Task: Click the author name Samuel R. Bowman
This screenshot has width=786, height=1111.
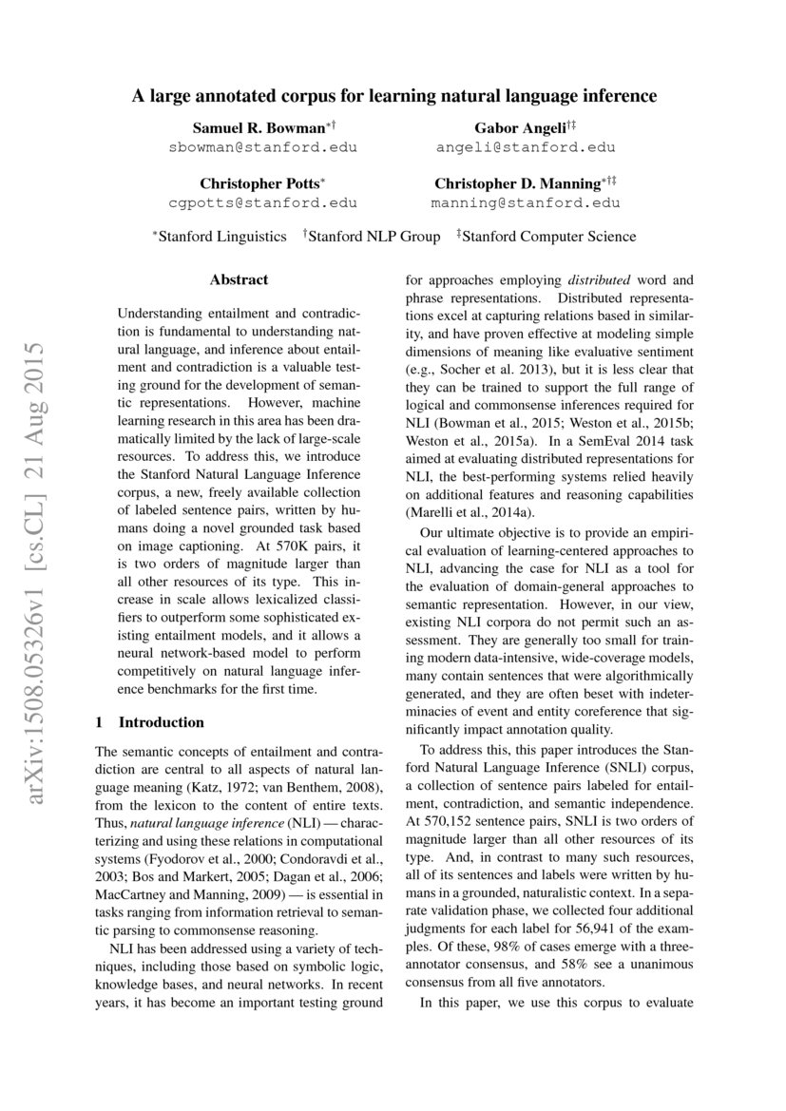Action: (x=258, y=126)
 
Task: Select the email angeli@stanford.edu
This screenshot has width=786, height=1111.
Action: (x=526, y=147)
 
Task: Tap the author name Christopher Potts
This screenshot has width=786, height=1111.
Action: (x=259, y=182)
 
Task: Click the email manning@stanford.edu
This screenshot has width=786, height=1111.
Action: (x=526, y=202)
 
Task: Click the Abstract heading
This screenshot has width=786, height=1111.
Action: (x=239, y=279)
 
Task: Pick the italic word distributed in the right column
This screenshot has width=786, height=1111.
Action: (x=599, y=280)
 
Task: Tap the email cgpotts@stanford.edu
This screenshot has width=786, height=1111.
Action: (x=263, y=202)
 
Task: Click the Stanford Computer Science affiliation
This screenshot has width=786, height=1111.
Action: (x=549, y=237)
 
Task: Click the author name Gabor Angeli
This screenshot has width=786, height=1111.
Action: (x=518, y=126)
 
